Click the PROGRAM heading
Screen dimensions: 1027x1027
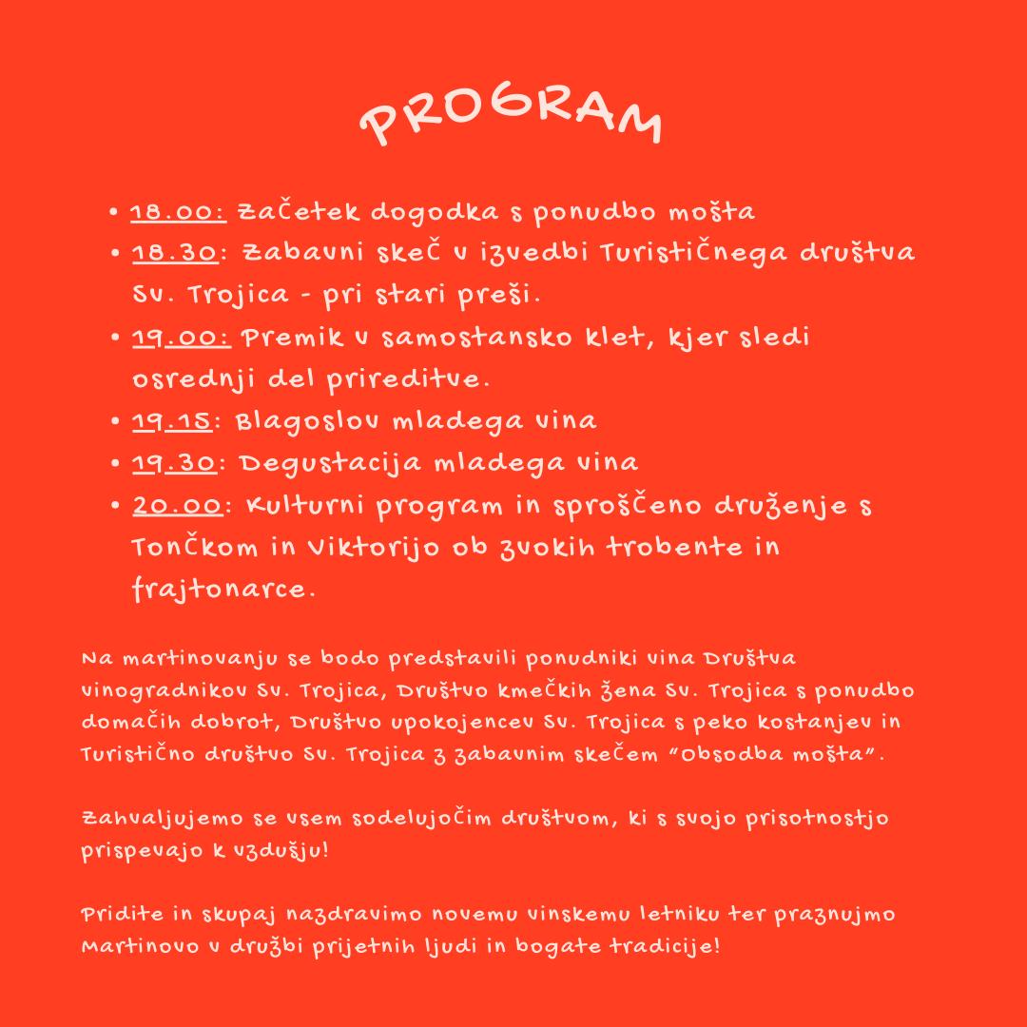tap(512, 120)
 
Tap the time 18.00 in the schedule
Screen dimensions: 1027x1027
tap(179, 211)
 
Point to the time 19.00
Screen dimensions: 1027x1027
tap(181, 338)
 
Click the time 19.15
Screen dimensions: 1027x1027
tap(174, 421)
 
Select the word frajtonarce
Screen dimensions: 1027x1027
tap(223, 590)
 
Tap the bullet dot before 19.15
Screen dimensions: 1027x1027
tap(114, 421)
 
